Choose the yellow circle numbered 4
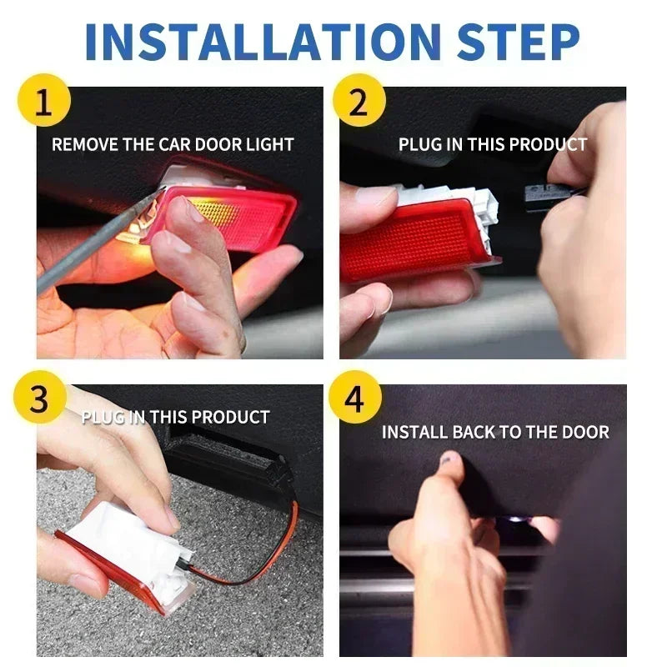[356, 402]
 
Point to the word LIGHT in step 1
[269, 144]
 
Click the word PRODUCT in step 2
[548, 144]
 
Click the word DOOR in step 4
[587, 432]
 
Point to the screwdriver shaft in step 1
[92, 242]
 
